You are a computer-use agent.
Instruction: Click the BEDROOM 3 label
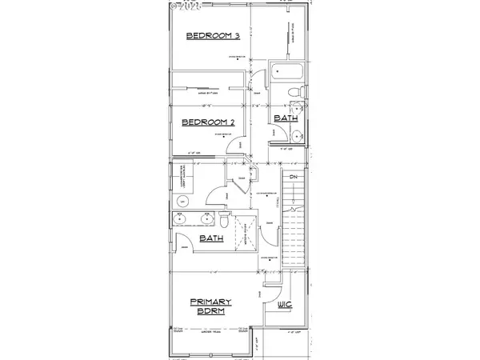click(213, 36)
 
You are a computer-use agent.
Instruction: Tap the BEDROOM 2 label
click(208, 122)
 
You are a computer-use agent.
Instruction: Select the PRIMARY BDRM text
click(211, 306)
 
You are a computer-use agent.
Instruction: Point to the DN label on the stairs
click(294, 176)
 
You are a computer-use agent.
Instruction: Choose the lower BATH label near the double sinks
click(211, 238)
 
